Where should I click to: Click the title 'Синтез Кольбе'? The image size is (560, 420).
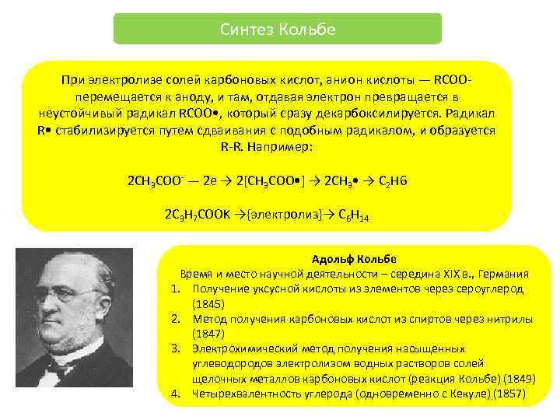tap(277, 30)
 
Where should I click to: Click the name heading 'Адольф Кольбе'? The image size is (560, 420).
tap(354, 260)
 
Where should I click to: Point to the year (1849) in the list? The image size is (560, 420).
tap(520, 378)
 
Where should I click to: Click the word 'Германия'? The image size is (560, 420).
tap(504, 275)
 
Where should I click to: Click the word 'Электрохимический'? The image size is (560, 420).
tap(241, 348)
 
